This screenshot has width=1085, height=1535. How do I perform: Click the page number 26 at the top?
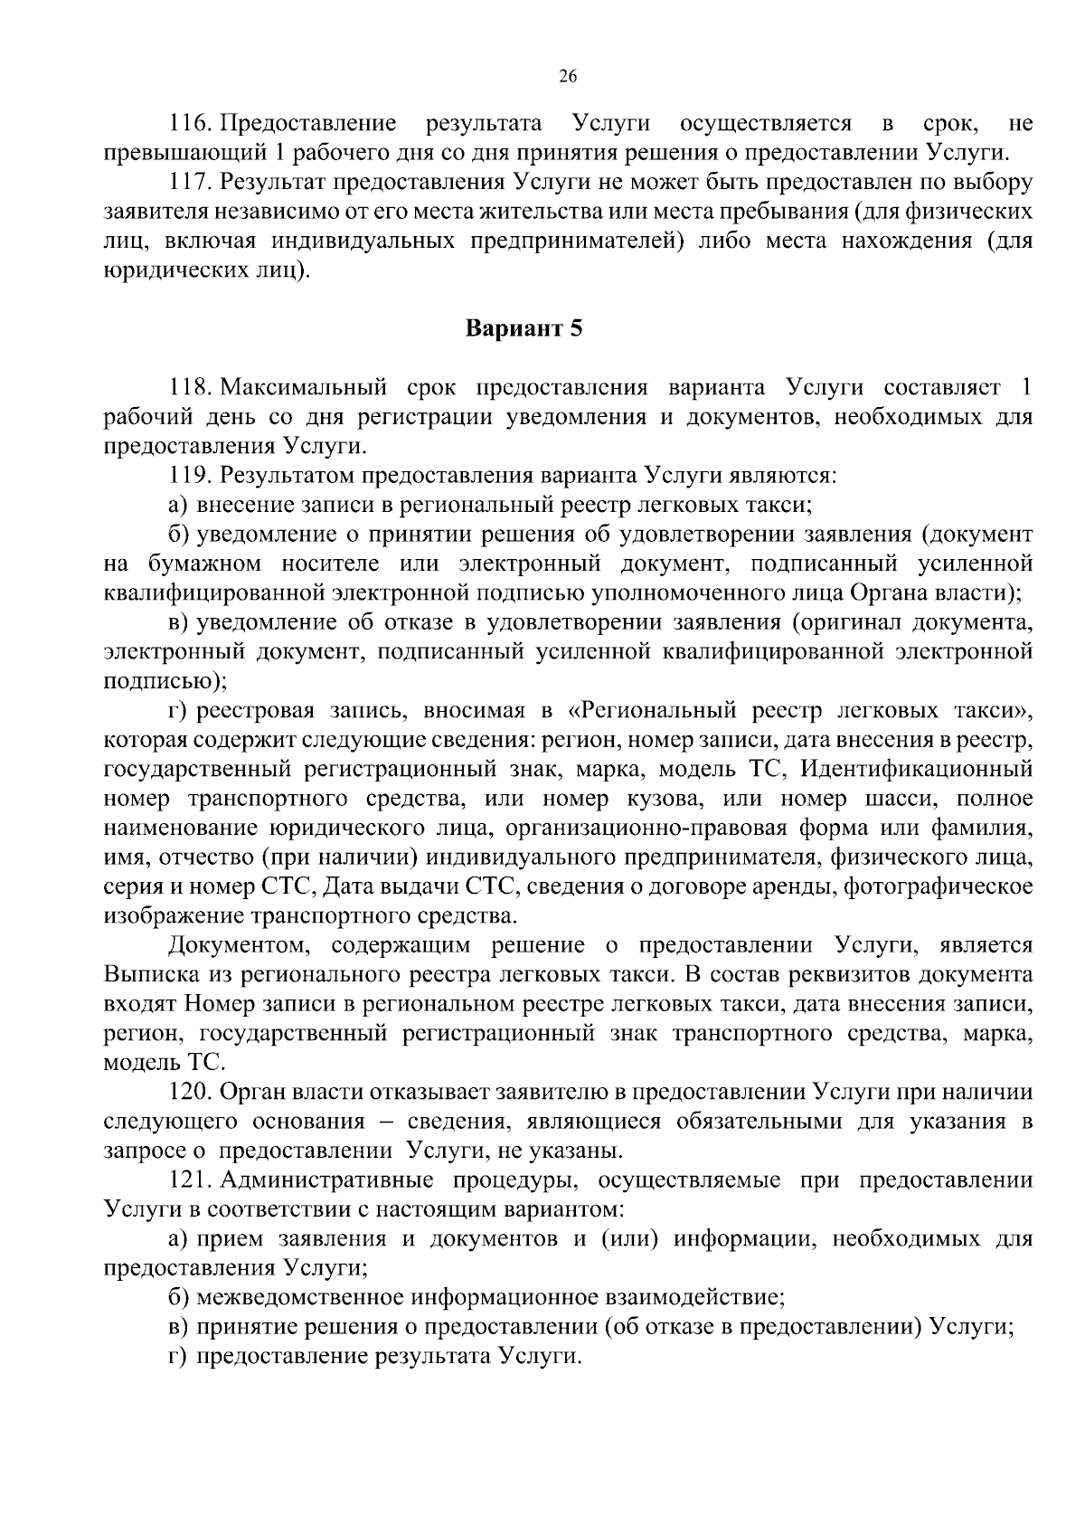coord(568,77)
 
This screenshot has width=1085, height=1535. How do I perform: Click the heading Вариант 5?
coord(524,328)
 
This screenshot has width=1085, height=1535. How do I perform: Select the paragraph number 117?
coord(190,182)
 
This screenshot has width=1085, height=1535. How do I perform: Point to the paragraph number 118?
coord(190,388)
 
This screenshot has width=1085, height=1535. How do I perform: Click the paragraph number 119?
coord(190,475)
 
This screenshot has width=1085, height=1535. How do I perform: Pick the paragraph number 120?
coord(190,1093)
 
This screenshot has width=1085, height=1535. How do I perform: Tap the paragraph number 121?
coord(190,1180)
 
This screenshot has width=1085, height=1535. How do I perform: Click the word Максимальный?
coord(304,388)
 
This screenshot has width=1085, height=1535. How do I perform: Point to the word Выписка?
coord(146,975)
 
